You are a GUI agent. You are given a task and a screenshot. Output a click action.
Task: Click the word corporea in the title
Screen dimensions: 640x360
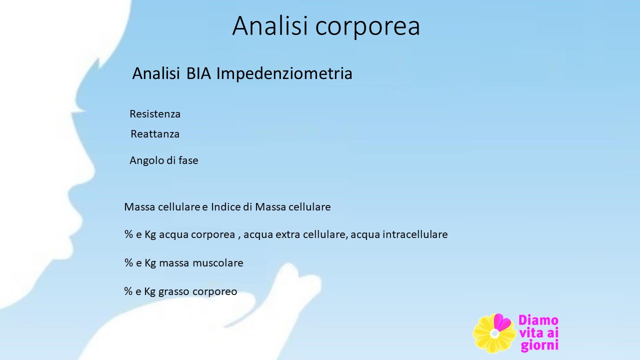367,27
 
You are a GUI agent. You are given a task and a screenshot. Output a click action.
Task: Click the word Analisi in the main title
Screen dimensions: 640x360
270,25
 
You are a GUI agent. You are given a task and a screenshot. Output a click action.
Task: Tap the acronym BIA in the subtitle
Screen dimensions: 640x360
198,73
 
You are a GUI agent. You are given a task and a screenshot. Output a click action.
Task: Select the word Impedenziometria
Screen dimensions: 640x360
284,74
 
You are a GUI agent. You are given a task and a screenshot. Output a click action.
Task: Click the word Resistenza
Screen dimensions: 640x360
155,114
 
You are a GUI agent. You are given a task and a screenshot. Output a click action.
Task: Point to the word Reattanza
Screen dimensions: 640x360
155,134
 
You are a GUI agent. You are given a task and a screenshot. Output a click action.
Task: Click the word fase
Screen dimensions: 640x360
188,160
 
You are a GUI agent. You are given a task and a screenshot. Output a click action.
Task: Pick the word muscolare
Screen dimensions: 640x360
218,263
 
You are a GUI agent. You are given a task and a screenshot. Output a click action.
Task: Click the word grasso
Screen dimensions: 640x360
173,292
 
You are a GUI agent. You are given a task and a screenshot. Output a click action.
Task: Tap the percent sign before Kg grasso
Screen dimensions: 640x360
128,291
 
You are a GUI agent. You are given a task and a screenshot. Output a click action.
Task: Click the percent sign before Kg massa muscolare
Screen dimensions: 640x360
129,263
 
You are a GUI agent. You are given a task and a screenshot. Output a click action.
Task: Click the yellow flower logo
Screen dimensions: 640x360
494,333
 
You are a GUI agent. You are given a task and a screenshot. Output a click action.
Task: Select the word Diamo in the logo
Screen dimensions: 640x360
538,320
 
